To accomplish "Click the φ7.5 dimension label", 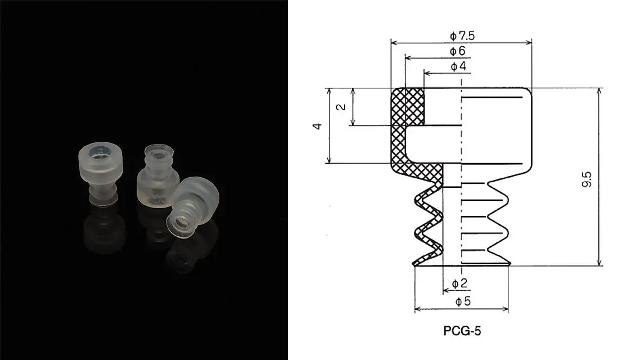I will point(462,36).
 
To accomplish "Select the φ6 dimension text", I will point(457,51).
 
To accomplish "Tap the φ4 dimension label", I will point(458,67).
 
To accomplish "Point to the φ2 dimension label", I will point(459,283).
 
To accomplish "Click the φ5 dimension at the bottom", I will point(462,301).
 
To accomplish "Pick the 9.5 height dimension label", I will point(587,180).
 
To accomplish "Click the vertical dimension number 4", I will point(318,126).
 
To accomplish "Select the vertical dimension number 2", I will point(341,107).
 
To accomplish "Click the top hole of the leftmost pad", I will point(101,154).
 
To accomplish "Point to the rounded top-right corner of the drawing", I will point(527,93).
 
